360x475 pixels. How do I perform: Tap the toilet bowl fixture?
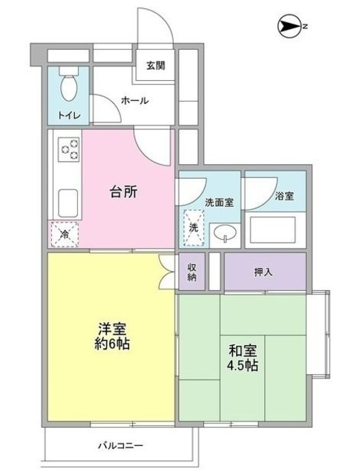click(69, 85)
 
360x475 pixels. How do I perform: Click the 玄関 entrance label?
click(156, 65)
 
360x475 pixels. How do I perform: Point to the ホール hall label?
click(135, 101)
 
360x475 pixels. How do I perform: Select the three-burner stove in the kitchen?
click(69, 149)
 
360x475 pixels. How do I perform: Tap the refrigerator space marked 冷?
click(65, 234)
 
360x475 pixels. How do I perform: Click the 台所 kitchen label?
click(124, 191)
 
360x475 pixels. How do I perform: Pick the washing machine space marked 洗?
click(194, 228)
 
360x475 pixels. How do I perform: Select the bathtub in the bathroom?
click(272, 230)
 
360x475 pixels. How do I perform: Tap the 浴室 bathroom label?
click(284, 196)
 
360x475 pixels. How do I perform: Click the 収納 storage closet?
click(192, 272)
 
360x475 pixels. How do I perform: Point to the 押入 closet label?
click(264, 272)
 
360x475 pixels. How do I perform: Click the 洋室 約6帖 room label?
click(112, 336)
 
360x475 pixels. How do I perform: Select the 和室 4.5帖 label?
click(243, 358)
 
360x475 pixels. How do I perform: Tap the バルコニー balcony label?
click(120, 445)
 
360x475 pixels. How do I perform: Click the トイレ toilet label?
click(69, 116)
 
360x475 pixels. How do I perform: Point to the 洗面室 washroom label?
click(219, 203)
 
